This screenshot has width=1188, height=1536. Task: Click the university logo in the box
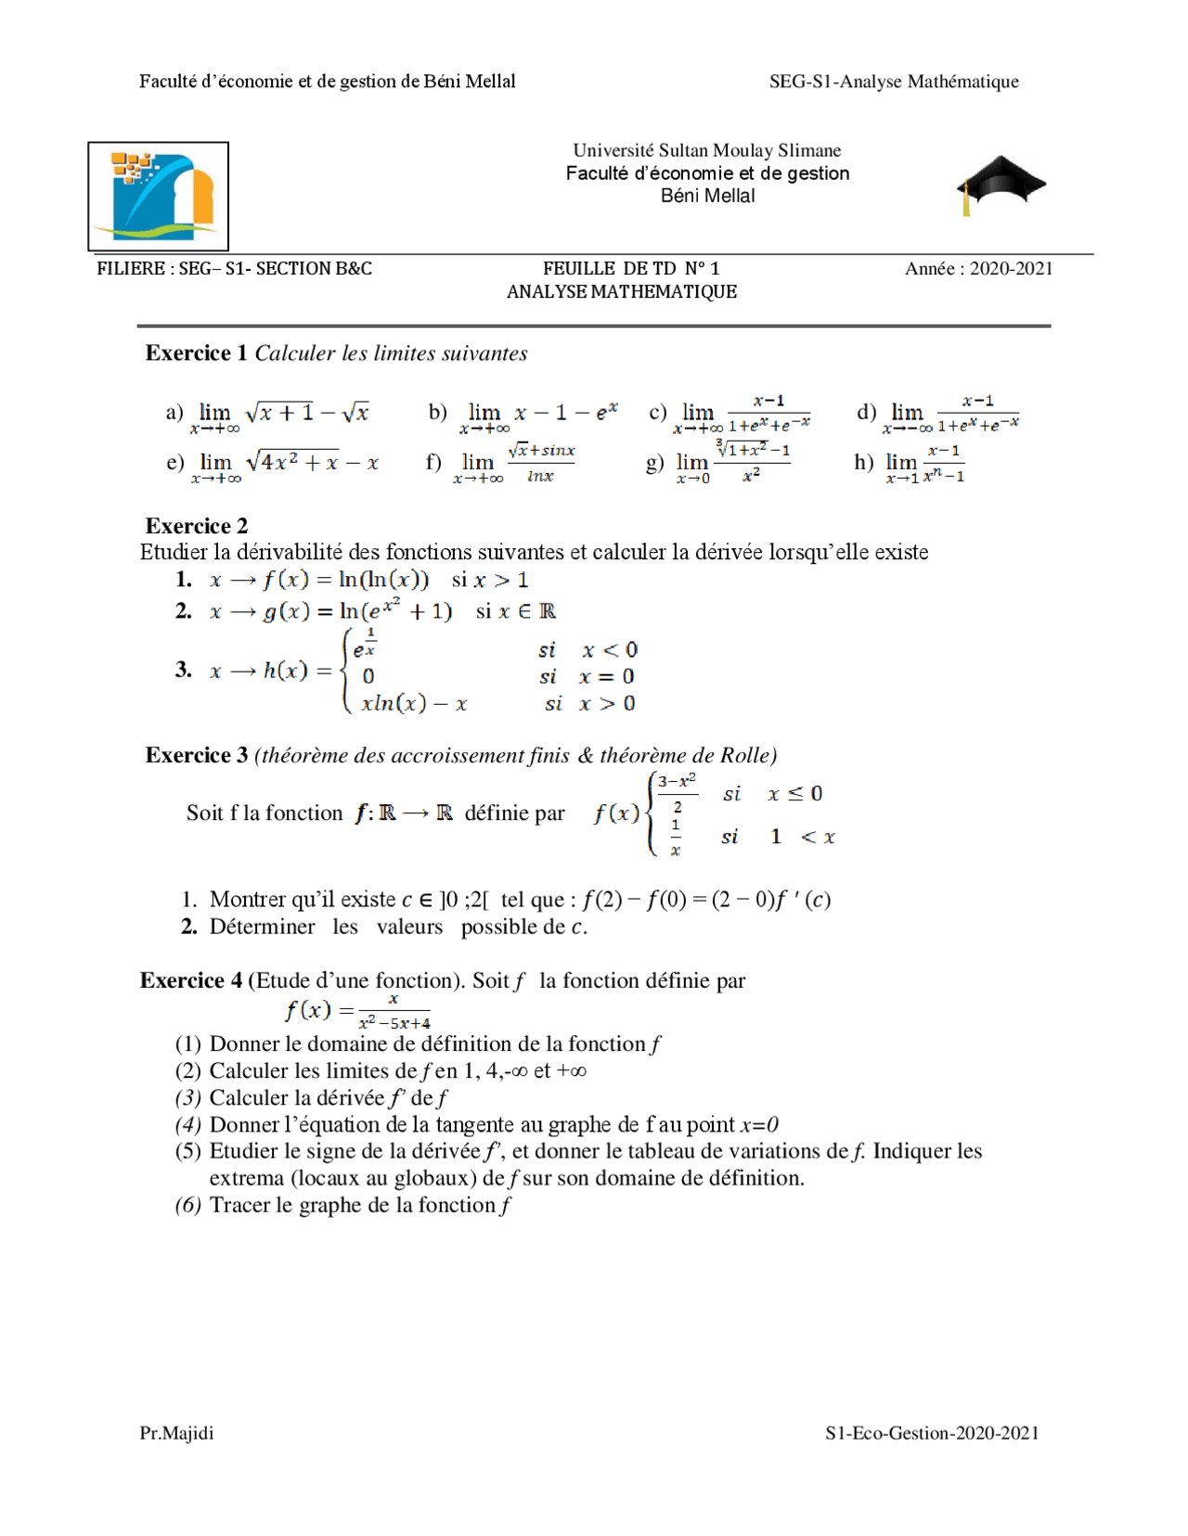click(159, 196)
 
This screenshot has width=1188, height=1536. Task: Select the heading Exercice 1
click(196, 353)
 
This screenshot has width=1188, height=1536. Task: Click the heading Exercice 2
click(197, 526)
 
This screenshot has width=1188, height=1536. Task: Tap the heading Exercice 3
click(197, 755)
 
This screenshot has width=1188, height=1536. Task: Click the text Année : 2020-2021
click(978, 269)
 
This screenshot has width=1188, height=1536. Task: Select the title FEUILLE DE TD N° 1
click(631, 269)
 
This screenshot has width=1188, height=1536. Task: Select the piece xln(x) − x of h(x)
click(414, 703)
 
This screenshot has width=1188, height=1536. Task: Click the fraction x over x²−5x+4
click(394, 1011)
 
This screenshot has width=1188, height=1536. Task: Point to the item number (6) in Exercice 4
click(188, 1205)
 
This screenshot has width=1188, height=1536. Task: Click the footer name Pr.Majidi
click(176, 1433)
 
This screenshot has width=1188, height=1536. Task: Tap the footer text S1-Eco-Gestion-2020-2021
click(932, 1433)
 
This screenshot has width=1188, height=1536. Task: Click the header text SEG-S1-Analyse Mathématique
click(894, 82)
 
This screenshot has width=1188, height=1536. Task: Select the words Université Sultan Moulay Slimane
click(706, 150)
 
